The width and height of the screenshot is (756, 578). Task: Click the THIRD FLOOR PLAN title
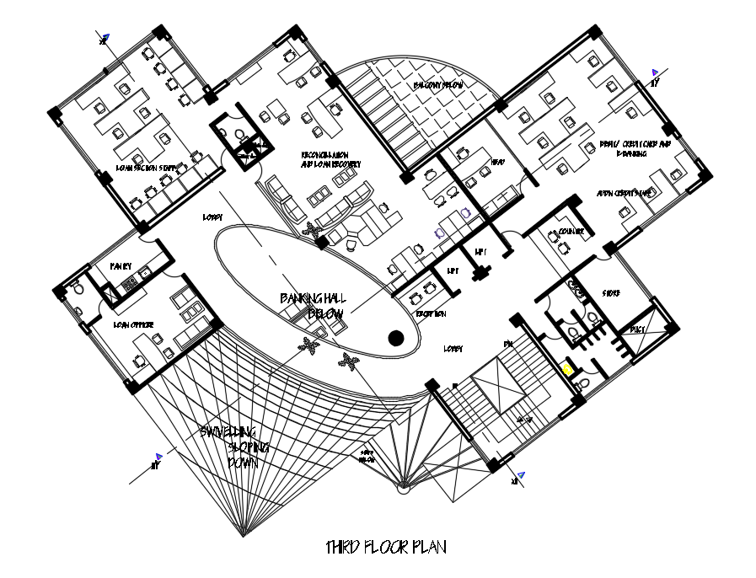coord(386,548)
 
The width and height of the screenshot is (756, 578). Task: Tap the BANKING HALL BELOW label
coord(314,306)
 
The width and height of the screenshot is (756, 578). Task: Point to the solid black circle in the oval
coord(394,339)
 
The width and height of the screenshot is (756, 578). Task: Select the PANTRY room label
coord(121,266)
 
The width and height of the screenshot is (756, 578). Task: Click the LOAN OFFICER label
coord(133,323)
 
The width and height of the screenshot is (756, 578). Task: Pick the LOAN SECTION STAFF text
coord(147,168)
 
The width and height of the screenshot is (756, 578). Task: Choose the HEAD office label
coord(497,162)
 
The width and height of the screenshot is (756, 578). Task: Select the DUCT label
coord(636,330)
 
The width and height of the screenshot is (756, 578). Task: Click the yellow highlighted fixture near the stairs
coord(568,369)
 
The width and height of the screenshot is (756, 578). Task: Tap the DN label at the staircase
coord(508,344)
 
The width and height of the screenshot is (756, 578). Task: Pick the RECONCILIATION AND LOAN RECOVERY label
coord(331,160)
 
